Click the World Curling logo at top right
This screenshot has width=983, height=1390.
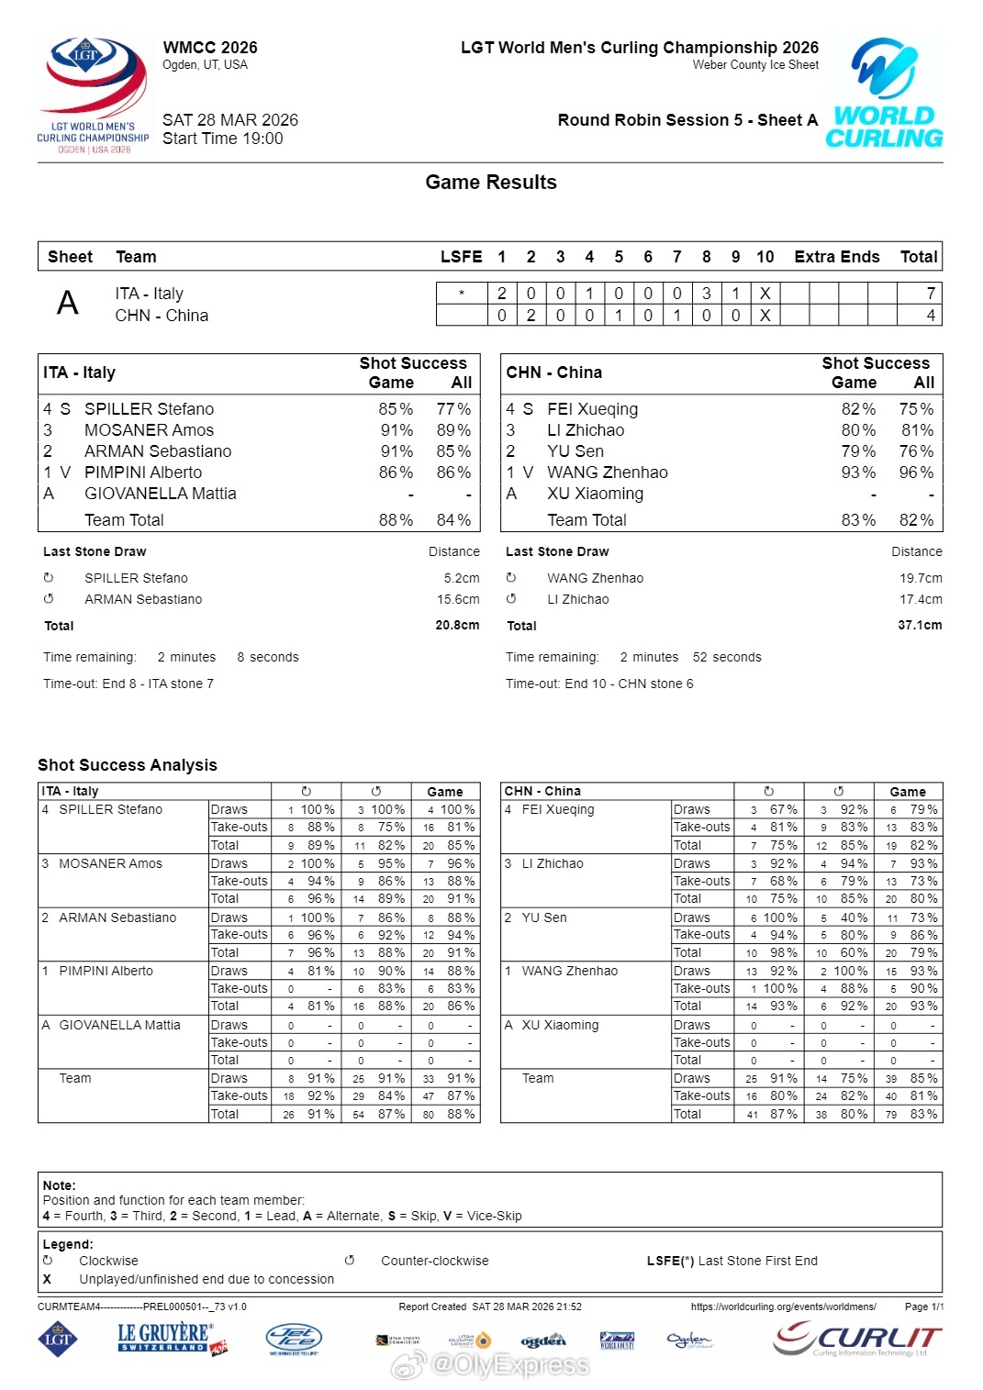pos(884,94)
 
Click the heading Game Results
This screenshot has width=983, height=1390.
pos(491,183)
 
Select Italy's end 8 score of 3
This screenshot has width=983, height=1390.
pos(707,294)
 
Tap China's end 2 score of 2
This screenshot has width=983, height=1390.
pos(531,316)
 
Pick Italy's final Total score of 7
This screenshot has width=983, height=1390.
pos(931,294)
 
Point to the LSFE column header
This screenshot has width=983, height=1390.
pos(461,257)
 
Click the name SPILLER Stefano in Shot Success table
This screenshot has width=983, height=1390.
pos(149,409)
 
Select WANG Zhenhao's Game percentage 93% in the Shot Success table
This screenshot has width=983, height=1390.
pos(858,473)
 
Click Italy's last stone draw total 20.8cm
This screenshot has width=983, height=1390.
pos(457,626)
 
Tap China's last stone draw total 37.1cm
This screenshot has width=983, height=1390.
pos(920,626)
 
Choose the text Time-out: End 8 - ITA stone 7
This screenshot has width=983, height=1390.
pos(128,684)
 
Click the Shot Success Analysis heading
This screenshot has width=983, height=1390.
pos(128,765)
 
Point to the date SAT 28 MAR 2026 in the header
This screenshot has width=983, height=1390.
pos(230,120)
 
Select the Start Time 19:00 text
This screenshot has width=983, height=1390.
pos(223,139)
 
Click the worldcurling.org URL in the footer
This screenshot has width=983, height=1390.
pos(783,1307)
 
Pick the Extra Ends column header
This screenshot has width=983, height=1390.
pos(836,257)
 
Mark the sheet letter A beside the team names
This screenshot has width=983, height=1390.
pos(68,304)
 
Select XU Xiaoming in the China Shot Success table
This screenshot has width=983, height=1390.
pos(595,494)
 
